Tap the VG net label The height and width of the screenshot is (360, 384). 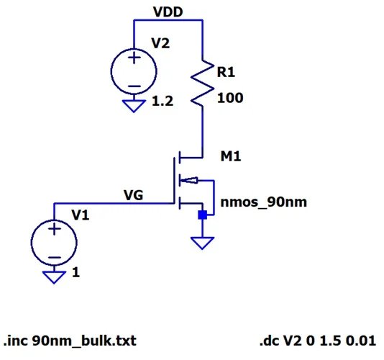[133, 194]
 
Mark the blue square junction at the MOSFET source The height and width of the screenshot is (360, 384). [203, 215]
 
